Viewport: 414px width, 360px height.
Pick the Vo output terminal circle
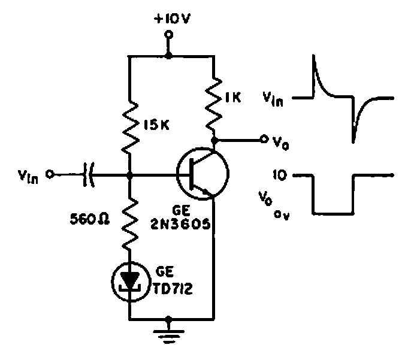[263, 140]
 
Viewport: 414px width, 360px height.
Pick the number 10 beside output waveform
[281, 176]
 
